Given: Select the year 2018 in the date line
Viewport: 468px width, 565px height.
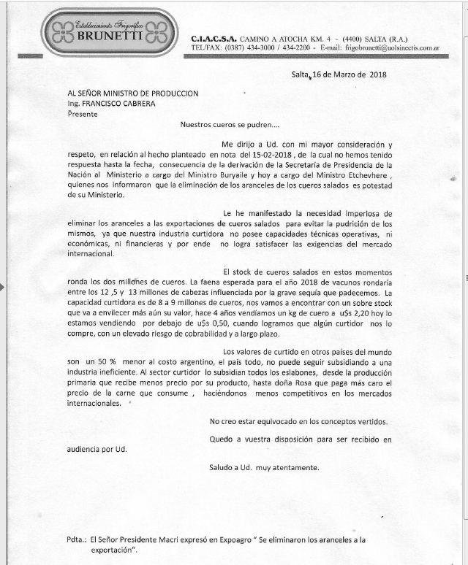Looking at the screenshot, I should tap(377, 74).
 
